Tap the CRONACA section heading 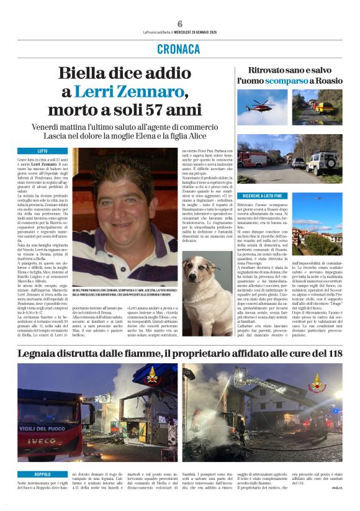click(179, 49)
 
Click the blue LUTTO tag click(42, 151)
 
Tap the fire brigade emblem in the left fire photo click(151, 378)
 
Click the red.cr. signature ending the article click(336, 505)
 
